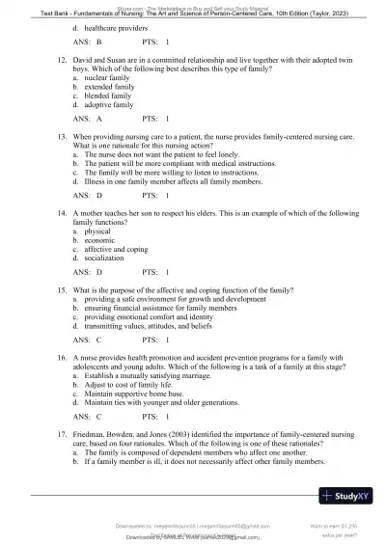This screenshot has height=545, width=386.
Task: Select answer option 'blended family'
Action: pyautogui.click(x=108, y=95)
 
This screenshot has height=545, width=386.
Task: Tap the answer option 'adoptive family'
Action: pyautogui.click(x=109, y=104)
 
